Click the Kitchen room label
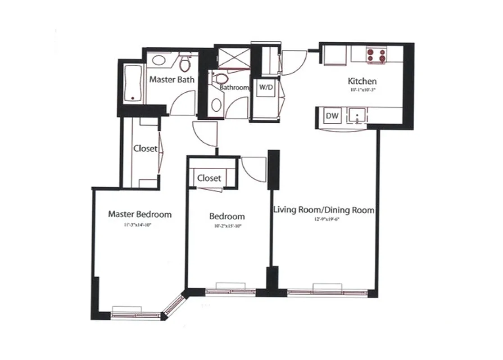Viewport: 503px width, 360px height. click(362, 81)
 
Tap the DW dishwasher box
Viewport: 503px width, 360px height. click(332, 116)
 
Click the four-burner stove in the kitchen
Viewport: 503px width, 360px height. click(377, 55)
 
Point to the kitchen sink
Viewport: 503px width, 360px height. click(357, 116)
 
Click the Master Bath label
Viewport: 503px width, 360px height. click(172, 80)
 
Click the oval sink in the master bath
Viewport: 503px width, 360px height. click(159, 59)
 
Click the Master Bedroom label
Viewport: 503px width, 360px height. click(140, 214)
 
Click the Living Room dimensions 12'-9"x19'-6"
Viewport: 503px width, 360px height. click(324, 220)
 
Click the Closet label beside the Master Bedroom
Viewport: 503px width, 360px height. click(145, 148)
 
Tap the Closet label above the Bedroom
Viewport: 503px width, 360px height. click(209, 178)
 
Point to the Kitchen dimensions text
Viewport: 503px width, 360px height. click(362, 90)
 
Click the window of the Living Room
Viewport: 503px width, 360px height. click(327, 291)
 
